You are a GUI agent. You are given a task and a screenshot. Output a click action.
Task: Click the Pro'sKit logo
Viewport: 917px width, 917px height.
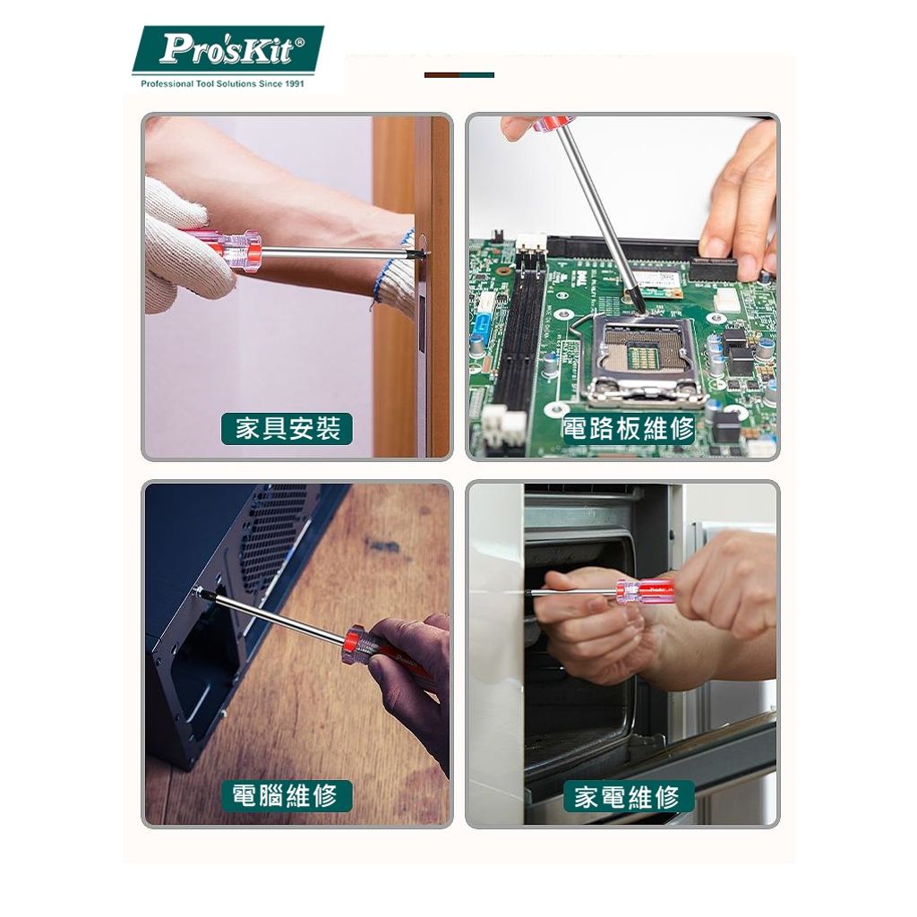228,49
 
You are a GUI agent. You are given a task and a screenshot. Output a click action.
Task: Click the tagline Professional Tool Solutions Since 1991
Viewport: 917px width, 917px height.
223,84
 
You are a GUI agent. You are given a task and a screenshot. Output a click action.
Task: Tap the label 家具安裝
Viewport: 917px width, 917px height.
287,429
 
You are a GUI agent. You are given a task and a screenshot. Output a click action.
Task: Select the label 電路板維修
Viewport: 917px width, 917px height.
628,429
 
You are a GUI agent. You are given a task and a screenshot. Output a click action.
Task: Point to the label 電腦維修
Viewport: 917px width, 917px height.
287,795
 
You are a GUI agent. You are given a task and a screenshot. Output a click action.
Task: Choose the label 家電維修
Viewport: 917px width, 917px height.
628,796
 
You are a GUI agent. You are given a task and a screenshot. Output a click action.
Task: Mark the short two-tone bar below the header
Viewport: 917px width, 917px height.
459,75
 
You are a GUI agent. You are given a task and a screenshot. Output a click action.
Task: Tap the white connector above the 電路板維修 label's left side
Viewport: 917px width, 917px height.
503,426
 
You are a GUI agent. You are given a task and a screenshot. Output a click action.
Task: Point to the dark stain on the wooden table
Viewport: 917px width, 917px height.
383,547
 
